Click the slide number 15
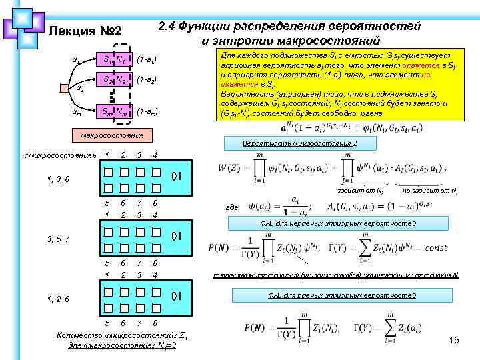tap(455, 341)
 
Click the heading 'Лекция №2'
tap(85, 32)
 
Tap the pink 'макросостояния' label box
tap(110, 135)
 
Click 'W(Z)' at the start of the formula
tap(231, 166)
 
